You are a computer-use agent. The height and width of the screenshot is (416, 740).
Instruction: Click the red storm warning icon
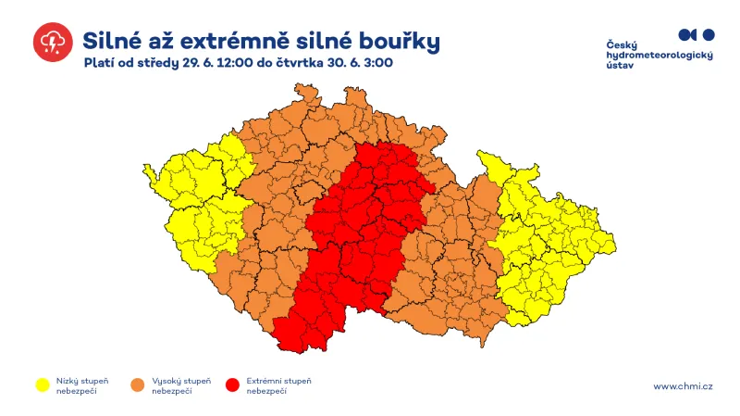point(52,42)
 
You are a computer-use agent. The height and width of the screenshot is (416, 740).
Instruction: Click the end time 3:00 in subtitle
point(377,64)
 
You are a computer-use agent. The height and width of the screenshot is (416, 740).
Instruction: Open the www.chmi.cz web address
point(683,386)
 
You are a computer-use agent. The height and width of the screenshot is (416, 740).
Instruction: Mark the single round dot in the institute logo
point(709,34)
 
